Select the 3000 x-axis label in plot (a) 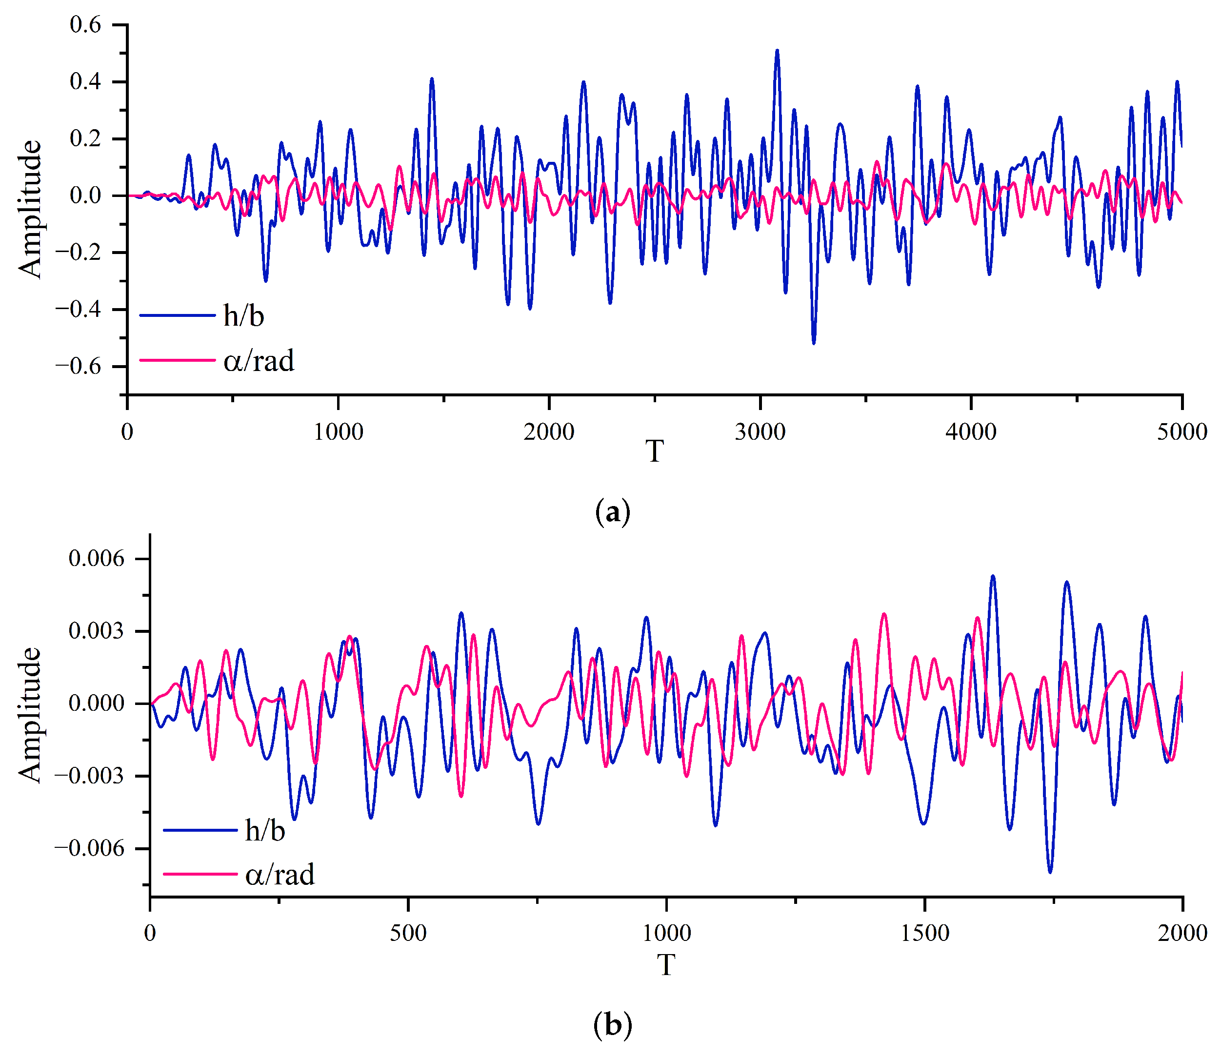760,432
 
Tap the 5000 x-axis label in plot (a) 1181,432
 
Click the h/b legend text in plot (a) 243,316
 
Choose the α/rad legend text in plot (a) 259,360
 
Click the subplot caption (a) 613,511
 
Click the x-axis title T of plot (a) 655,452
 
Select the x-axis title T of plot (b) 666,966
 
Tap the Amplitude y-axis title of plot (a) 29,209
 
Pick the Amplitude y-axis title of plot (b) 29,716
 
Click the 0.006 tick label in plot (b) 97,558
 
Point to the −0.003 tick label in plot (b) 90,776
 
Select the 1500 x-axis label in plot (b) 924,933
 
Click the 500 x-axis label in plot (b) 408,933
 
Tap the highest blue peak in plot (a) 777,51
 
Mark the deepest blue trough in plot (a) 814,343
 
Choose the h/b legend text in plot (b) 265,831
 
